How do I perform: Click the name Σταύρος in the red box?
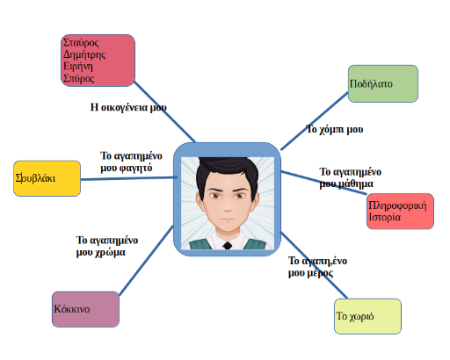(81, 43)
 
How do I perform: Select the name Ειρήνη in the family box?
(78, 67)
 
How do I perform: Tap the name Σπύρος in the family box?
(79, 78)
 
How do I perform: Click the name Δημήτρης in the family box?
(84, 54)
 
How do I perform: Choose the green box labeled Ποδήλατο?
(383, 83)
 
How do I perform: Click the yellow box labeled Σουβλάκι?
(47, 178)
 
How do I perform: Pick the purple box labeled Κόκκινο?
(85, 309)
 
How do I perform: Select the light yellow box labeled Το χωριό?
(367, 316)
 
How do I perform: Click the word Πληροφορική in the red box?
(397, 205)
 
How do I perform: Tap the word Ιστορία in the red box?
(384, 217)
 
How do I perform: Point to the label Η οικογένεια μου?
(128, 107)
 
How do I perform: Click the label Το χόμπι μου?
(335, 129)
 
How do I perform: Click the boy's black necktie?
(228, 246)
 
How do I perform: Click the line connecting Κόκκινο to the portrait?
(146, 261)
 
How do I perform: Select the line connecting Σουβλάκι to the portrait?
(128, 178)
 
